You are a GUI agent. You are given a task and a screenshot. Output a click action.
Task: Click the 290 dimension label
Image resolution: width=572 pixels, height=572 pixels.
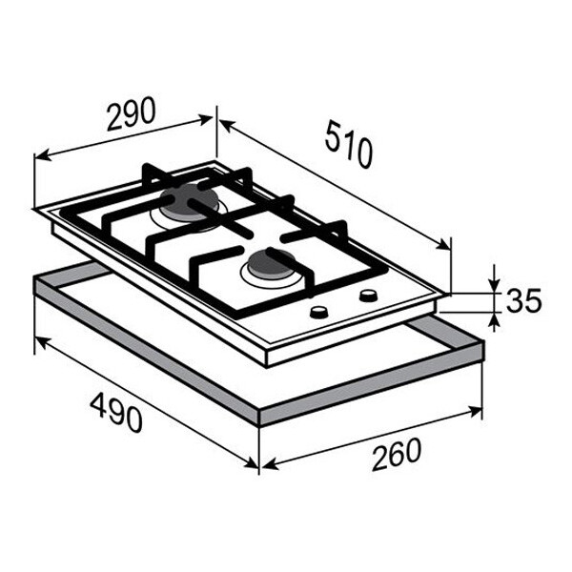(131, 113)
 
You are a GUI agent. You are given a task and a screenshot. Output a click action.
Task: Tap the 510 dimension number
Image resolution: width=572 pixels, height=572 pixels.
(348, 145)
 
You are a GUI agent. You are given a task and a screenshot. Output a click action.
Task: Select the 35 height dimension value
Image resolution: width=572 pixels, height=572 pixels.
(523, 300)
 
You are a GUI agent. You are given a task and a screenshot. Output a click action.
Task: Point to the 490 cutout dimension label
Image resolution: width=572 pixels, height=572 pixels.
(116, 414)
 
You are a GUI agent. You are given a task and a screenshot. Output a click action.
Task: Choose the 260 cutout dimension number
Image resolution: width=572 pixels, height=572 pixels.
(397, 454)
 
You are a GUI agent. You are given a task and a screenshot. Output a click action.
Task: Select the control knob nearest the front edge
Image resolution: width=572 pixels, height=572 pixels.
(318, 313)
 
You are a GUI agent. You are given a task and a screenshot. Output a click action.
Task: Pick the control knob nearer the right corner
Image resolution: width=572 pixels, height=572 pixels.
(368, 295)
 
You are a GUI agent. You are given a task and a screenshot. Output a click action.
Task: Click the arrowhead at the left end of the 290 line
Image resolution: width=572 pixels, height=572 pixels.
(41, 157)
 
